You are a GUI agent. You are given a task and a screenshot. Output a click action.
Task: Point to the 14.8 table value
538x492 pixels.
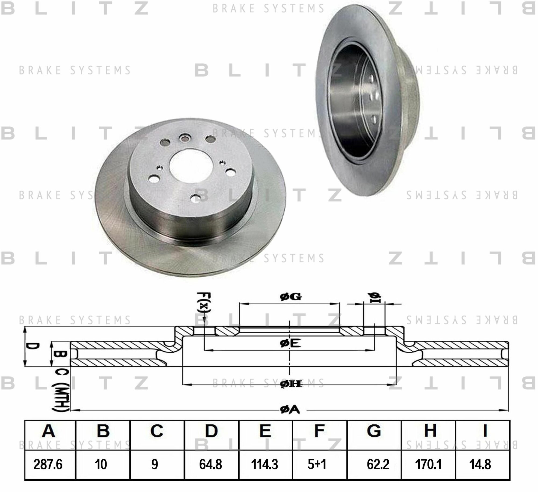(x=480, y=464)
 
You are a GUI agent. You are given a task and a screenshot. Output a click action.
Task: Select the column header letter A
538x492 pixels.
(x=49, y=431)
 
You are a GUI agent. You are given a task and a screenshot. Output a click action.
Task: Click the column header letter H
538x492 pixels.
(x=430, y=431)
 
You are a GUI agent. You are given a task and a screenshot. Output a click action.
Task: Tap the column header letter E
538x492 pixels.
(x=265, y=431)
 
